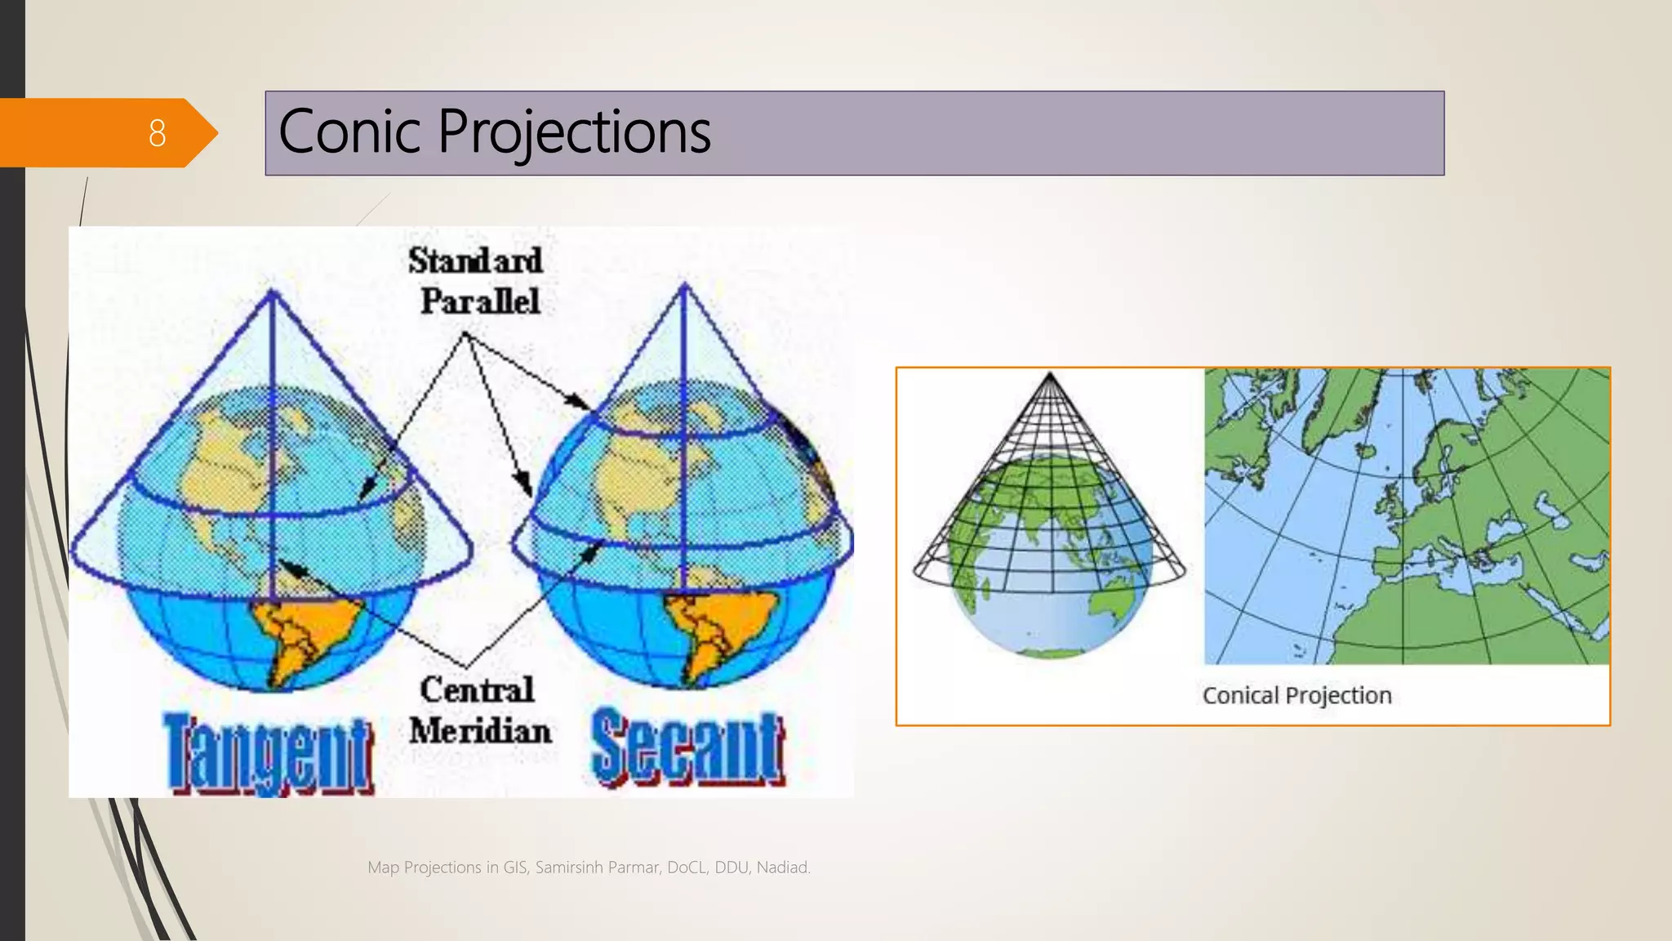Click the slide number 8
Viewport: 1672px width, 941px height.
pyautogui.click(x=157, y=132)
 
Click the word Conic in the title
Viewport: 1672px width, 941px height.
pyautogui.click(x=353, y=132)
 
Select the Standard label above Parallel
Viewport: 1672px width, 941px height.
pyautogui.click(x=475, y=261)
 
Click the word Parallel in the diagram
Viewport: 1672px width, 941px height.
pyautogui.click(x=480, y=301)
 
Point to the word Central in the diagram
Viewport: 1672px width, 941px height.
pyautogui.click(x=477, y=689)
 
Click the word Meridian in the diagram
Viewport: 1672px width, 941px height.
pyautogui.click(x=480, y=730)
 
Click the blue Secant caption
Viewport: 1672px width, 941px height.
pyautogui.click(x=687, y=748)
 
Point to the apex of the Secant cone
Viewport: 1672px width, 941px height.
pyautogui.click(x=684, y=286)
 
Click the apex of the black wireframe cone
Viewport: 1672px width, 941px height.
pyautogui.click(x=1050, y=376)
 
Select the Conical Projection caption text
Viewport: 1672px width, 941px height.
pyautogui.click(x=1296, y=695)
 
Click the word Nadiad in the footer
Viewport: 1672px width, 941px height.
pyautogui.click(x=782, y=867)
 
